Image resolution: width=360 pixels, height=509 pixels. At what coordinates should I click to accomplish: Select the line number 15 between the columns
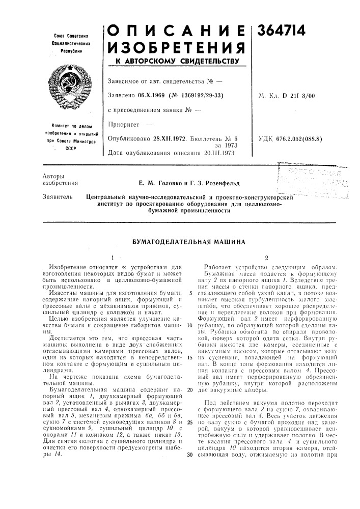click(x=189, y=357)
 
